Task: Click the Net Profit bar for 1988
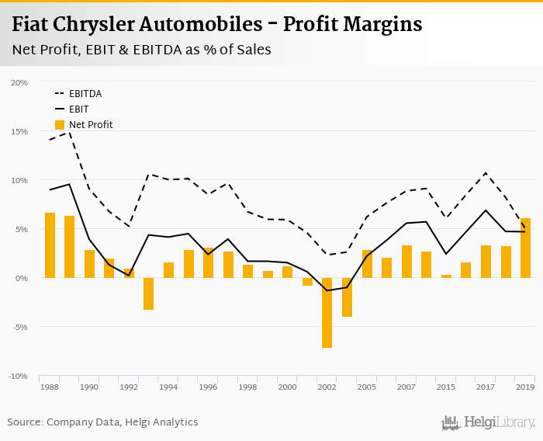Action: (x=50, y=245)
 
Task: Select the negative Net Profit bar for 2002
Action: (x=327, y=312)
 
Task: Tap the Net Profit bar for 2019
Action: (x=525, y=248)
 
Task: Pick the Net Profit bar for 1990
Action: (x=89, y=264)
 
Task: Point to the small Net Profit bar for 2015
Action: (x=446, y=276)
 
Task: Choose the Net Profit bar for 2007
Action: (x=406, y=262)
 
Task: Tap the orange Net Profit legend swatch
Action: (x=60, y=124)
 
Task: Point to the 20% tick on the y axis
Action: (x=19, y=82)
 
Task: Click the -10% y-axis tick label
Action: (x=18, y=376)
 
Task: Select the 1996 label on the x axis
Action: (x=208, y=387)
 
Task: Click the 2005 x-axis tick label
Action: (x=367, y=387)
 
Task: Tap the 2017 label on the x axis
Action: (x=486, y=387)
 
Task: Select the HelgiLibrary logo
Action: (x=489, y=422)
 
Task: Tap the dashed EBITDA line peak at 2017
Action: (x=486, y=173)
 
